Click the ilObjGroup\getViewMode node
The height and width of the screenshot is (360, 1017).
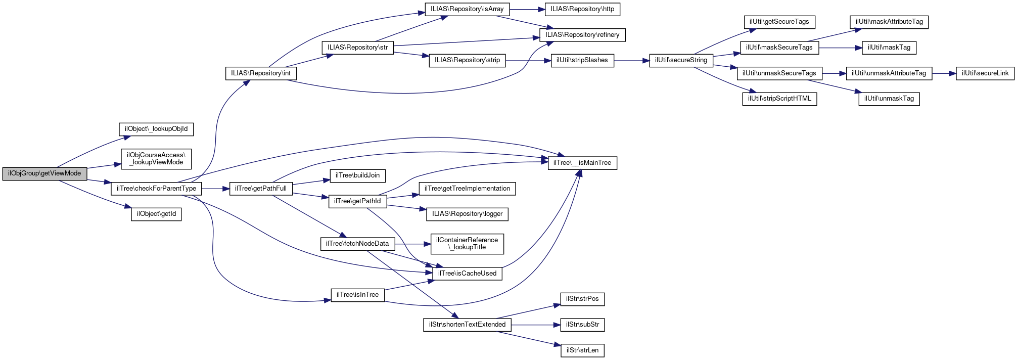tap(44, 173)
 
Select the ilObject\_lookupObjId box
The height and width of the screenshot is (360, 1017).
tap(156, 129)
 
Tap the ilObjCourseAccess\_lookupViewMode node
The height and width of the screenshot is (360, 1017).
tap(156, 159)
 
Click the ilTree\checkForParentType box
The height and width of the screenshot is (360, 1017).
tap(156, 189)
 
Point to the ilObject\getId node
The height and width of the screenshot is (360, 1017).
tap(156, 214)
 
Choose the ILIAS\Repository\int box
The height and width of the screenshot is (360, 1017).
tap(261, 73)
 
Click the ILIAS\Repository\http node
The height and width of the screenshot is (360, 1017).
tap(582, 9)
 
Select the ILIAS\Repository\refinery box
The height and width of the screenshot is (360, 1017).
tap(582, 35)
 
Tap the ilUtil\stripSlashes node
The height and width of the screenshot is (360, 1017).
tap(582, 60)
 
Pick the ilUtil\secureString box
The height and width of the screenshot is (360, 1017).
tap(681, 60)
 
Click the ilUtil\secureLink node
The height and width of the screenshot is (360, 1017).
tap(985, 73)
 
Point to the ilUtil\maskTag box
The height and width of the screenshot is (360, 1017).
tap(889, 48)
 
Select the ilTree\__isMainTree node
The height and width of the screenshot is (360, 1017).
tap(582, 163)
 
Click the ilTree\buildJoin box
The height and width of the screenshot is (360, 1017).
tap(358, 175)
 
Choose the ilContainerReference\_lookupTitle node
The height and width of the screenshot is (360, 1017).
tap(467, 244)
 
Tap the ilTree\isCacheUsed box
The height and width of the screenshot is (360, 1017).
tap(467, 274)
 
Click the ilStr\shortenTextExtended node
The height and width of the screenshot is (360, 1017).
tap(467, 325)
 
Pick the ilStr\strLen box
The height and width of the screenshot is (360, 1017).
tap(582, 350)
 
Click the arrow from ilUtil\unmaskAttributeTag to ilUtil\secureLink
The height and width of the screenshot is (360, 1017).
tap(943, 73)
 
